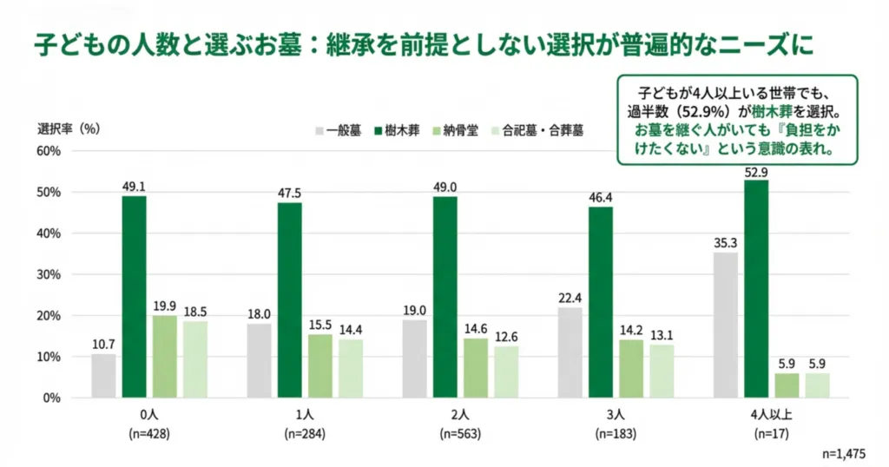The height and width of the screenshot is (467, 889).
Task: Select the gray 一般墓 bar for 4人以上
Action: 725,325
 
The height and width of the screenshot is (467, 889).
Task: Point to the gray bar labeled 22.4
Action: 570,352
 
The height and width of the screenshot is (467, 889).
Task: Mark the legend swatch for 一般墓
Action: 319,131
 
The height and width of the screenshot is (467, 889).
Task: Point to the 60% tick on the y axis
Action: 48,151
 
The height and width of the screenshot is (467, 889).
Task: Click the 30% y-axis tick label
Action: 48,274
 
